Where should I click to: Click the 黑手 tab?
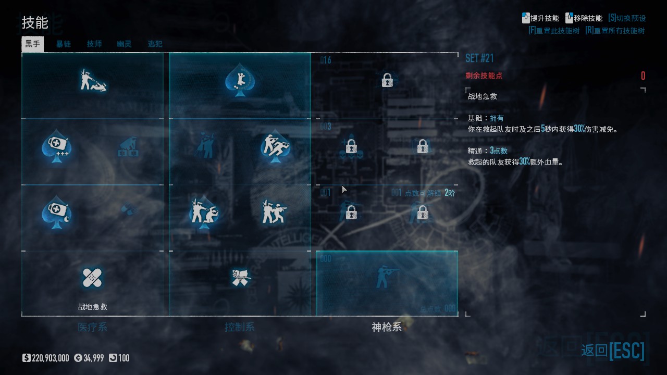32,44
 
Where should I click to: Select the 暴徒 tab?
64,44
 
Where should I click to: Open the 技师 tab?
94,44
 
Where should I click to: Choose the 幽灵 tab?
125,44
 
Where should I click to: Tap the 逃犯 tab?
155,44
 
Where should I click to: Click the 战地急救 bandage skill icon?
92,278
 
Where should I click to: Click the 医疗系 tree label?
92,327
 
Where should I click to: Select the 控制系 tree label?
240,327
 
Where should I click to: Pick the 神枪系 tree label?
387,327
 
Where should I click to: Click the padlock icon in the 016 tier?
387,80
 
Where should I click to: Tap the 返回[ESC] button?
613,351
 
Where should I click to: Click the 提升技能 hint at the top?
541,18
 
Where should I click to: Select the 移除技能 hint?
584,18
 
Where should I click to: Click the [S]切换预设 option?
627,18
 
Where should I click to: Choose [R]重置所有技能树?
615,31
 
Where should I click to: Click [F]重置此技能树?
553,31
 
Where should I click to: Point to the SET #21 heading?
479,58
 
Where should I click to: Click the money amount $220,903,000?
46,358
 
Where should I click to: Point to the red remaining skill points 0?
643,76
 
